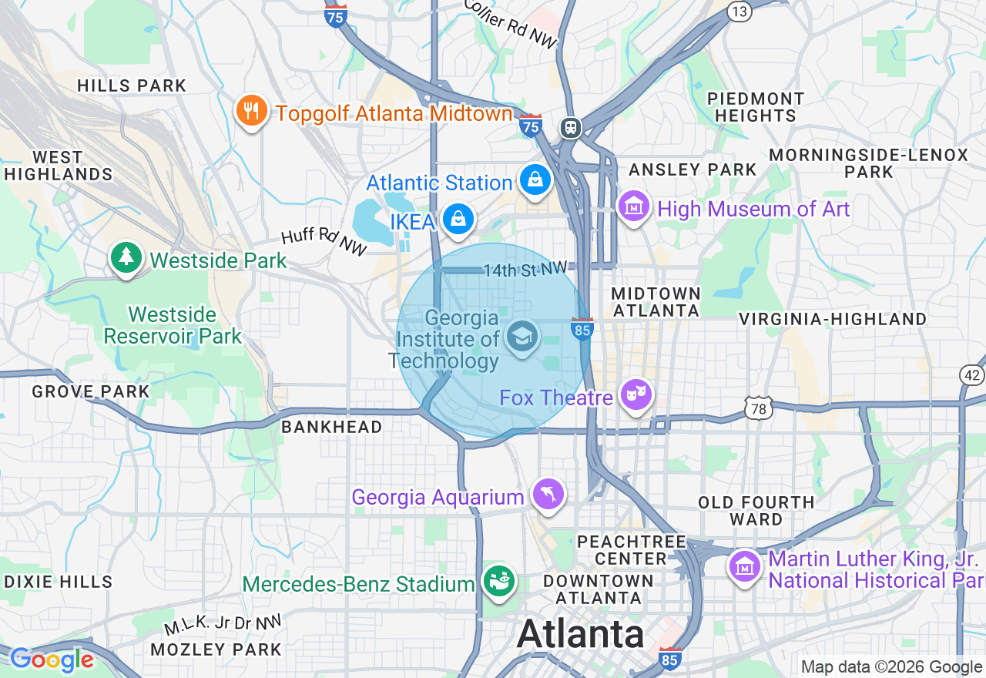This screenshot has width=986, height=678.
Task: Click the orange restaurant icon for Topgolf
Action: [251, 111]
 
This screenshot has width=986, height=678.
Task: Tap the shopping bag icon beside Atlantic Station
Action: [535, 180]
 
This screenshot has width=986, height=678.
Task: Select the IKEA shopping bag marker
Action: [458, 220]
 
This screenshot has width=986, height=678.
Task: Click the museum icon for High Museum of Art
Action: [634, 206]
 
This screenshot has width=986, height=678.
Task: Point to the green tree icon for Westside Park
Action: [126, 257]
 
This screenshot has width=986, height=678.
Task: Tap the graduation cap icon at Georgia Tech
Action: [523, 337]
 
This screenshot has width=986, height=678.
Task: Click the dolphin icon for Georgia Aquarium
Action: [548, 493]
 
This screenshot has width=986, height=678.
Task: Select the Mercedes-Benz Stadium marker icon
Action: [498, 582]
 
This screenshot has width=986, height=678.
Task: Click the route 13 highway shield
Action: [739, 11]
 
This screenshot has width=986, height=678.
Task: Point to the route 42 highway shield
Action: [971, 374]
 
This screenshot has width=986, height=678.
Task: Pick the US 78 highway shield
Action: [759, 408]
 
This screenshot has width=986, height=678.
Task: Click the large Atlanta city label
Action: [580, 635]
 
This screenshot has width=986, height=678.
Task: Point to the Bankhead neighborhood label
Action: [331, 427]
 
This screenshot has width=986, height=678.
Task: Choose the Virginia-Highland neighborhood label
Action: [833, 319]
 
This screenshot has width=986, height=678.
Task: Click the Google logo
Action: [52, 660]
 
